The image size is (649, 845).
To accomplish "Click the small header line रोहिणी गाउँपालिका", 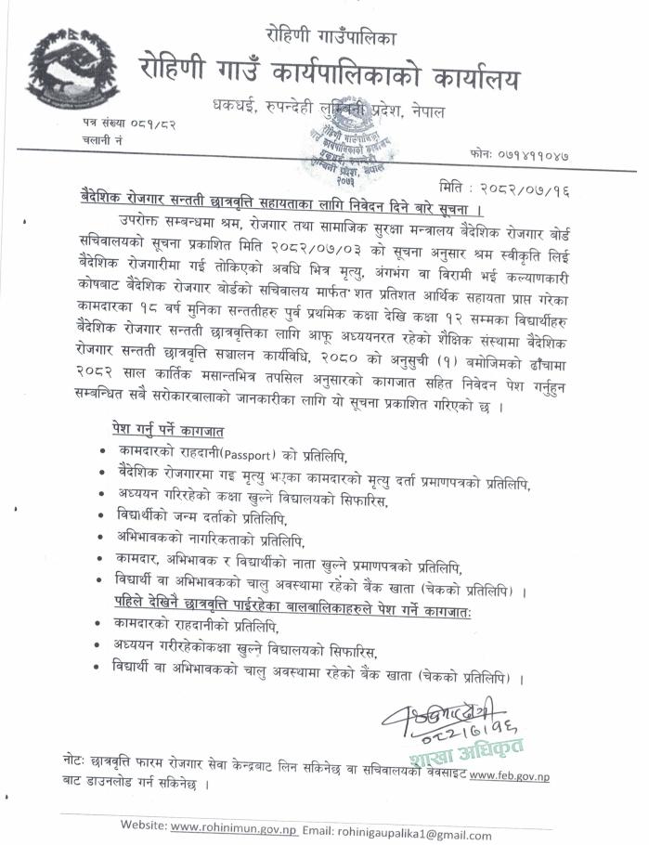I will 331,38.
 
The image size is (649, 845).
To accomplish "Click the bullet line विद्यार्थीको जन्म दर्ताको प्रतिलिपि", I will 196,517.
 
